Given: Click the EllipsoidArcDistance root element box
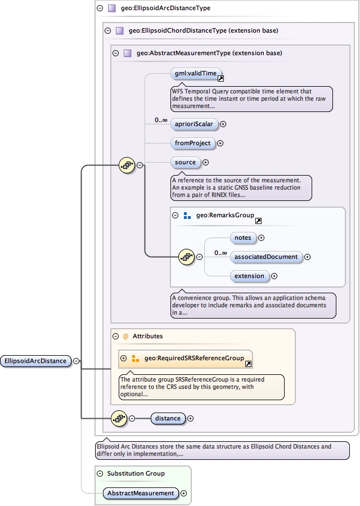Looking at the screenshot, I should (x=36, y=361).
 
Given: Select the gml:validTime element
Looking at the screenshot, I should (x=193, y=73).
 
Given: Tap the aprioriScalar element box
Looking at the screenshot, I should (x=193, y=124).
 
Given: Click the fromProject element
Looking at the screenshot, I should (x=193, y=143).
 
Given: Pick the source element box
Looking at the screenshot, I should (x=185, y=163).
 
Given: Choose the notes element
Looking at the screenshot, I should (x=243, y=238).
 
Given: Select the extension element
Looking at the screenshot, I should (x=249, y=276).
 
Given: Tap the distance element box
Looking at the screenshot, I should (x=168, y=418).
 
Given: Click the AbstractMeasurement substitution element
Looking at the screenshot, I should (x=141, y=493).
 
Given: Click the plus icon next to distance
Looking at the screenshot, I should (x=190, y=418).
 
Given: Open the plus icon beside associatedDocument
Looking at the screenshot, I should (x=307, y=257).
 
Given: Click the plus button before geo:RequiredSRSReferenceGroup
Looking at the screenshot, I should (x=124, y=358).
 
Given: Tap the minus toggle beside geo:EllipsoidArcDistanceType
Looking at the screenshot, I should (x=100, y=8).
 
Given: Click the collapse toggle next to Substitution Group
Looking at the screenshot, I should (x=100, y=474).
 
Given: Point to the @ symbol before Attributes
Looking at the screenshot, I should (x=126, y=336).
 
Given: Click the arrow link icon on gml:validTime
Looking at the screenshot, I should (x=221, y=78).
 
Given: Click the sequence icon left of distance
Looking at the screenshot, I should (x=119, y=418).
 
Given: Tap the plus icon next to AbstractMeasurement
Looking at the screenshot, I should (x=183, y=494).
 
